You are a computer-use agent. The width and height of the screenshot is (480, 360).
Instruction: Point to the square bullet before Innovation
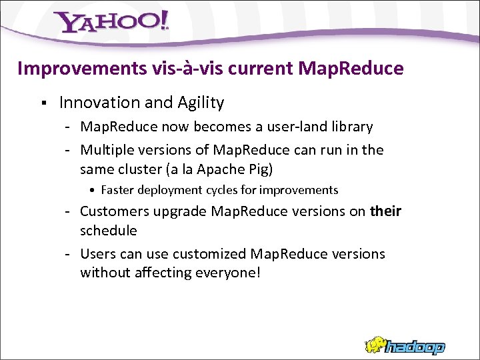pyautogui.click(x=42, y=103)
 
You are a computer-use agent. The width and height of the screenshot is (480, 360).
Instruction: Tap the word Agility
pyautogui.click(x=201, y=103)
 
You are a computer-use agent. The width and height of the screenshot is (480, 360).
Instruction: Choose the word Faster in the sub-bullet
pyautogui.click(x=117, y=191)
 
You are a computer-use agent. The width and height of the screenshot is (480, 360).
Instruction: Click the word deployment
pyautogui.click(x=173, y=191)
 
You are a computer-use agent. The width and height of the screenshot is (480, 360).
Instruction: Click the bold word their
pyautogui.click(x=385, y=211)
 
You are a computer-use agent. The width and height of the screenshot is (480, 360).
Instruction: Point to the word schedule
pyautogui.click(x=109, y=231)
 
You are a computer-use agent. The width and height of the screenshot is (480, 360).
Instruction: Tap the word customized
pyautogui.click(x=210, y=254)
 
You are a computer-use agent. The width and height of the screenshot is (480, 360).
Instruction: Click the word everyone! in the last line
pyautogui.click(x=226, y=273)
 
